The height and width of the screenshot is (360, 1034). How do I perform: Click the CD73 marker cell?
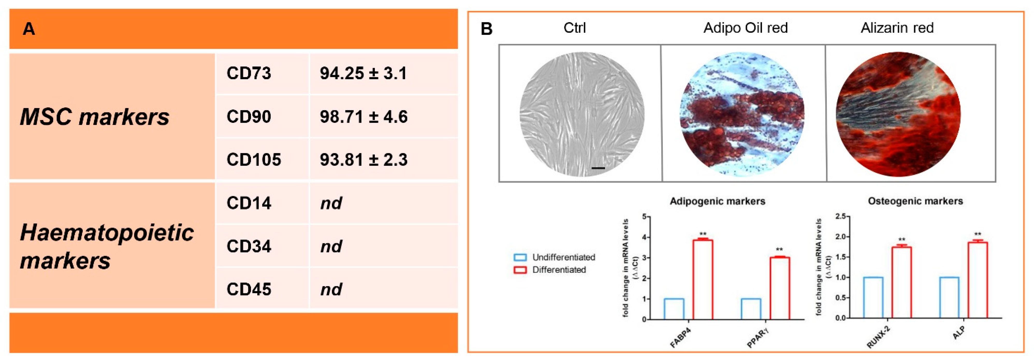pos(249,74)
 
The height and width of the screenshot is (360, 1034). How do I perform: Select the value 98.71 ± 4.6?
pos(363,117)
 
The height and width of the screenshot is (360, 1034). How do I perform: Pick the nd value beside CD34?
pos(331,246)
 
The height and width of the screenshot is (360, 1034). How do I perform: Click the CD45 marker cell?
pos(249,289)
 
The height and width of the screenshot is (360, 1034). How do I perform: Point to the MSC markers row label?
pos(94,117)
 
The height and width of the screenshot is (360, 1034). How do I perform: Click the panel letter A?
pos(28,29)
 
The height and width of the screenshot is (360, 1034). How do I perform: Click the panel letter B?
pos(486,29)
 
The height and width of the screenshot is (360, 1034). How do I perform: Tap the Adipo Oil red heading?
pos(745,28)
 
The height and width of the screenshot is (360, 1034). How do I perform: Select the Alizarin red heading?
pos(897,28)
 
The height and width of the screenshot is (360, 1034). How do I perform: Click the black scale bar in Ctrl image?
pos(598,168)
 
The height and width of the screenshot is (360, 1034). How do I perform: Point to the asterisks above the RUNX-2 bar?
pos(901,240)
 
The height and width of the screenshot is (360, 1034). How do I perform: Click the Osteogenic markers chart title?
pos(915,201)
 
